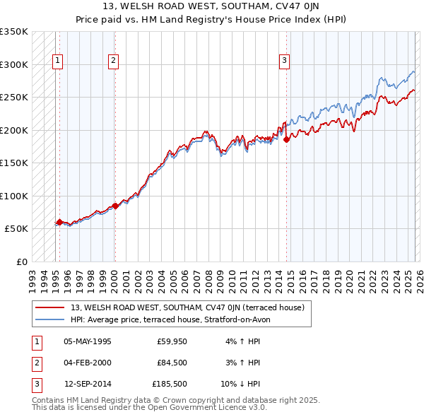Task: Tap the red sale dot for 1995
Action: (x=59, y=222)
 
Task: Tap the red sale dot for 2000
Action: (x=115, y=206)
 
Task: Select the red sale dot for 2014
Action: (x=287, y=140)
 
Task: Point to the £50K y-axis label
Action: (x=16, y=229)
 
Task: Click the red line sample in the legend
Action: (x=50, y=308)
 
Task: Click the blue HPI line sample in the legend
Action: (x=50, y=319)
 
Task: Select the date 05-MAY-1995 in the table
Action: (x=88, y=341)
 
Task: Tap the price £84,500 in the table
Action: (x=172, y=363)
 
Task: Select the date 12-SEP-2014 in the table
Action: (x=88, y=384)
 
